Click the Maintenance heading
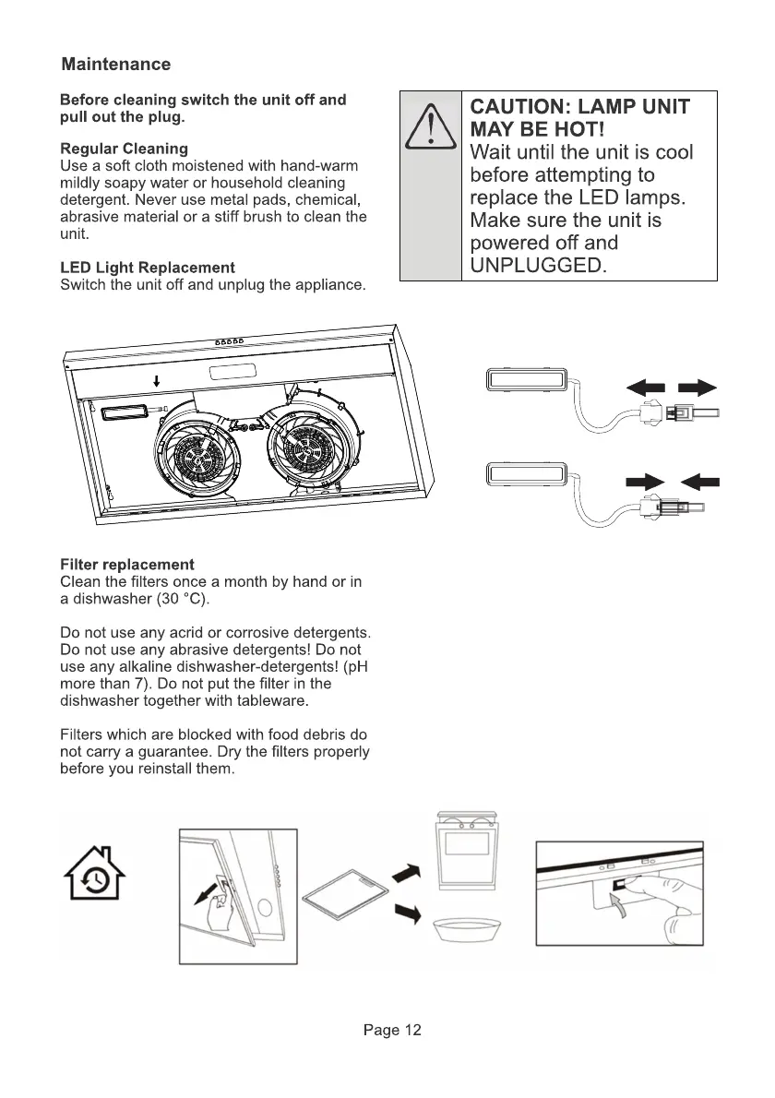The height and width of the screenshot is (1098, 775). pyautogui.click(x=115, y=65)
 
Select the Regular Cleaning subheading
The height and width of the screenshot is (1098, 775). pyautogui.click(x=124, y=149)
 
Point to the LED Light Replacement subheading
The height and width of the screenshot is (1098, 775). pyautogui.click(x=147, y=268)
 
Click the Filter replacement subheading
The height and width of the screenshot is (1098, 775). pyautogui.click(x=126, y=564)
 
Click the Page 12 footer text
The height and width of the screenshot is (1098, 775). pyautogui.click(x=391, y=1031)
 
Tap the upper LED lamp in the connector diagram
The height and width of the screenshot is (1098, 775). pyautogui.click(x=525, y=379)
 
